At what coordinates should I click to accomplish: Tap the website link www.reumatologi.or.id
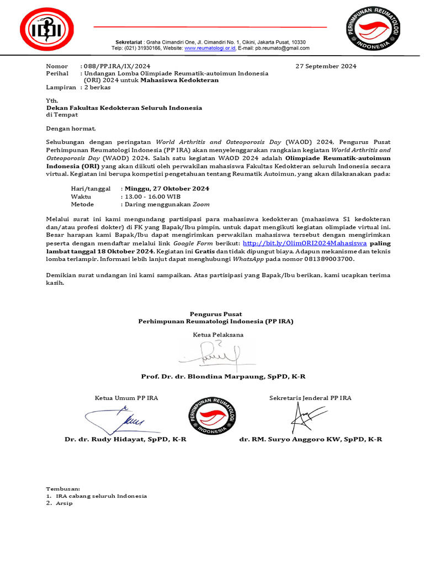pos(210,49)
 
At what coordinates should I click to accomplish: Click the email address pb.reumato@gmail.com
pos(279,49)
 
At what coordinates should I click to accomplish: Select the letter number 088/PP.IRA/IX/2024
pos(115,66)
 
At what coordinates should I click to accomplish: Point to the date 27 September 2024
pos(326,66)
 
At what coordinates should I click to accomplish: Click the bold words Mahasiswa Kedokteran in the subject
pos(179,80)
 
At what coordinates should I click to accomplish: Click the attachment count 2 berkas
pos(97,87)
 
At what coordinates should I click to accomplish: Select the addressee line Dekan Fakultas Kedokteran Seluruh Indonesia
pos(124,108)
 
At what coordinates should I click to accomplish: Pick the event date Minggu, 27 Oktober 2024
pos(167,189)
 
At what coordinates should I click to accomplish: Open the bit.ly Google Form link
pos(305,243)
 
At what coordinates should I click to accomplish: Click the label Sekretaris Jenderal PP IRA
pos(310,398)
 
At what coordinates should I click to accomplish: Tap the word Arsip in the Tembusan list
pos(65,503)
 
